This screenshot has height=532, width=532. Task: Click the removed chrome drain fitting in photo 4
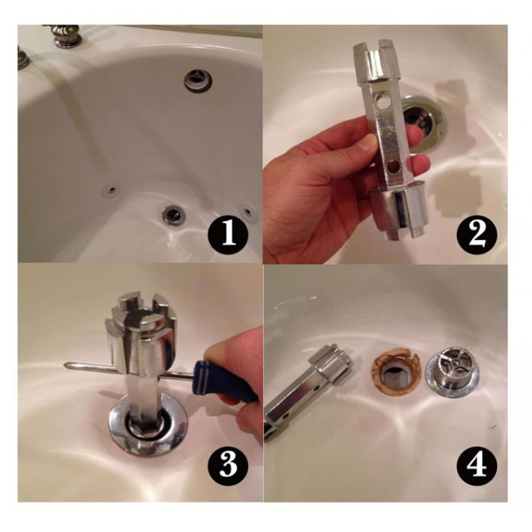coord(453,375)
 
